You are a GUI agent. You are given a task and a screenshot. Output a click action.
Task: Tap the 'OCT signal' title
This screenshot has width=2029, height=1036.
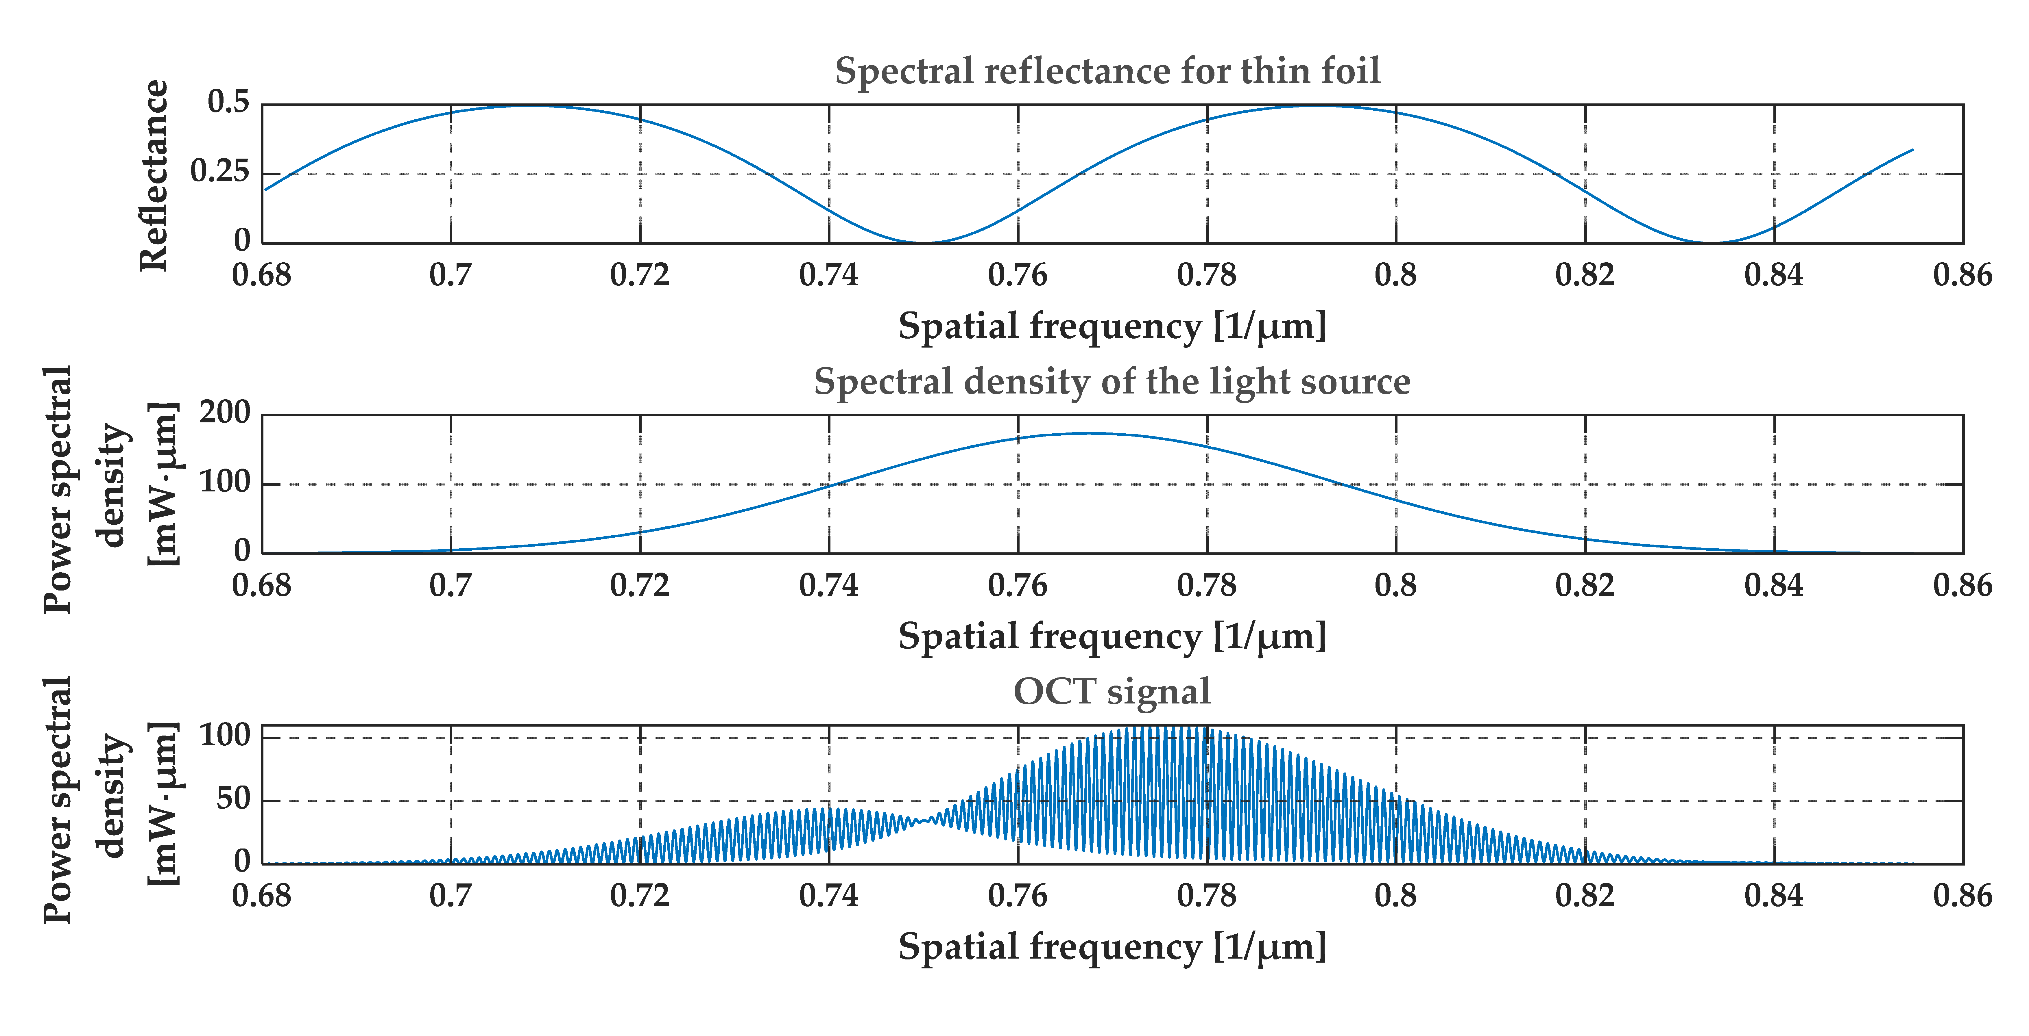1112,692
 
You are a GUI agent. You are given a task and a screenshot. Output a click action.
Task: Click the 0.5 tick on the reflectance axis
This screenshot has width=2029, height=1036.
228,102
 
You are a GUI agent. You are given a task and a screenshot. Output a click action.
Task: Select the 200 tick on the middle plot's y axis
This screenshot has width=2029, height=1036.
224,413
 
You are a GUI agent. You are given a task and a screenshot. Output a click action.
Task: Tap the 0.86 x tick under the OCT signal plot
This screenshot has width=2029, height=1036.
1962,896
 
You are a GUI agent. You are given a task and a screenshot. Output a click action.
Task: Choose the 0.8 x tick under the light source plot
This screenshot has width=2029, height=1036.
1396,586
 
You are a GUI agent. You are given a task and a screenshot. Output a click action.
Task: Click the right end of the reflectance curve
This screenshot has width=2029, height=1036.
1912,150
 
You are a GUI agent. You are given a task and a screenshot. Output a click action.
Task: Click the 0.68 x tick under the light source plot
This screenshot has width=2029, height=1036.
261,586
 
